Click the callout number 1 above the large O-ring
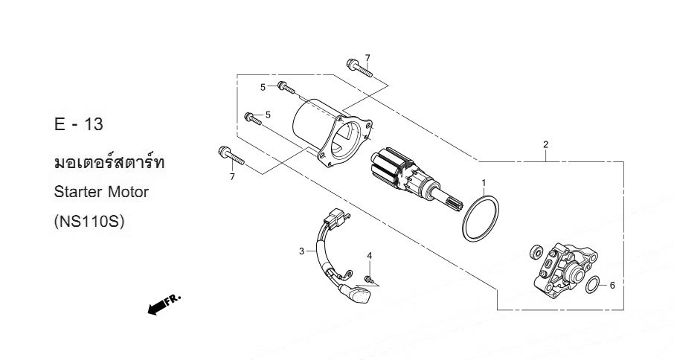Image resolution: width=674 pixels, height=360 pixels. click(484, 182)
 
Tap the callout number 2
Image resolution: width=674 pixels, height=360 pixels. click(545, 144)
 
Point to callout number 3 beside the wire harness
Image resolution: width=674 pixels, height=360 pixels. click(302, 251)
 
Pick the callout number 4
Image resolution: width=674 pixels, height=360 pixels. click(369, 256)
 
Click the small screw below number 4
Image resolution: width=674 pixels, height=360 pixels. click(368, 279)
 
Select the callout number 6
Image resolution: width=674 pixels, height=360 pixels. click(612, 286)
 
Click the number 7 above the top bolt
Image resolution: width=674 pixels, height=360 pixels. click(368, 58)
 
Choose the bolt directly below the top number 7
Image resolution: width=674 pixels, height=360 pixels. click(359, 68)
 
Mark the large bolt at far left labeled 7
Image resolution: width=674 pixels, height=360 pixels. click(231, 155)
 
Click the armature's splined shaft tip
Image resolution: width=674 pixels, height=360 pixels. click(457, 202)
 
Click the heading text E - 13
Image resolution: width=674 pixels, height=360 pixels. click(79, 124)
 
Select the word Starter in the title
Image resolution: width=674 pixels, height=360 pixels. click(78, 192)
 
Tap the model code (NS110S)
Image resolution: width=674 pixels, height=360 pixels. click(89, 222)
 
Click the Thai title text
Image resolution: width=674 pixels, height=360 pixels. click(109, 162)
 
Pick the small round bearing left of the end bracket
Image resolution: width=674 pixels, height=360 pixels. click(536, 251)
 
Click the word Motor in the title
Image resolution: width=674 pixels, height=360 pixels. click(128, 192)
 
